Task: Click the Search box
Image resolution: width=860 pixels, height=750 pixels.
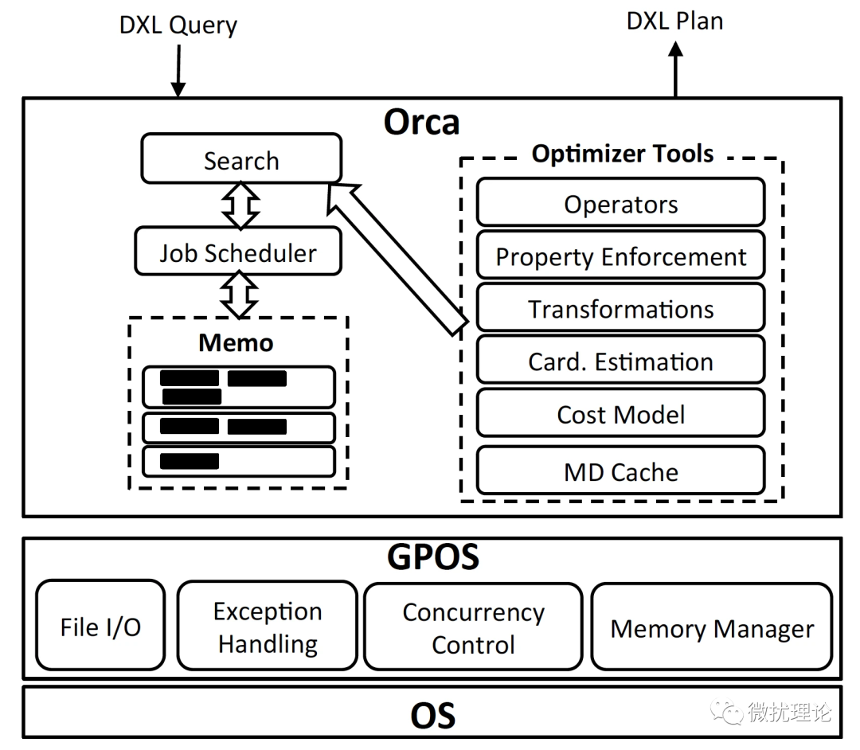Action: click(x=241, y=159)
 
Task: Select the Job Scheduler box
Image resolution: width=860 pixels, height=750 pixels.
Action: click(x=237, y=252)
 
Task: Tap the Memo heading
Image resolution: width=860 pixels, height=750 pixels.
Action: click(x=236, y=342)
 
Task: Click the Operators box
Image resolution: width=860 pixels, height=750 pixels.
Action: click(x=620, y=204)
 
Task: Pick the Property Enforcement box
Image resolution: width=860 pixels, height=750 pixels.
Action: click(x=620, y=256)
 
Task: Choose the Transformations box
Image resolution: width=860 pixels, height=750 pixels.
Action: click(x=620, y=309)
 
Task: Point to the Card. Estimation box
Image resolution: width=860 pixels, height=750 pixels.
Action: click(x=620, y=361)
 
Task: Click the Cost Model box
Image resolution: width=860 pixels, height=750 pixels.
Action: click(x=620, y=414)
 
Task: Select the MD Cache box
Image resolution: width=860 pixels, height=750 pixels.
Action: click(x=620, y=471)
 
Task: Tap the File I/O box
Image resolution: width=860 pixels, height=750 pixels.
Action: click(x=100, y=626)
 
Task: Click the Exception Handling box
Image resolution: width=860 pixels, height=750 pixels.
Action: click(x=268, y=627)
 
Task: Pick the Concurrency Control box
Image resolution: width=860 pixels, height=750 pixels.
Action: click(x=473, y=627)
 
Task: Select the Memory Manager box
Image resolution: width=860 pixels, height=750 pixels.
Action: click(x=712, y=627)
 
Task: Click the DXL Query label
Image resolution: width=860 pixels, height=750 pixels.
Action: click(x=178, y=25)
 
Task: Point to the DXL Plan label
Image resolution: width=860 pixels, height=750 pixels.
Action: click(x=674, y=21)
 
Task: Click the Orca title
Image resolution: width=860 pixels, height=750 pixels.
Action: click(x=421, y=123)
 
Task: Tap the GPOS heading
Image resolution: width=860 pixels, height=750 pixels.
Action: click(x=432, y=557)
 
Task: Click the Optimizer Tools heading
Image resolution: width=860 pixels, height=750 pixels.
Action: click(x=623, y=153)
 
